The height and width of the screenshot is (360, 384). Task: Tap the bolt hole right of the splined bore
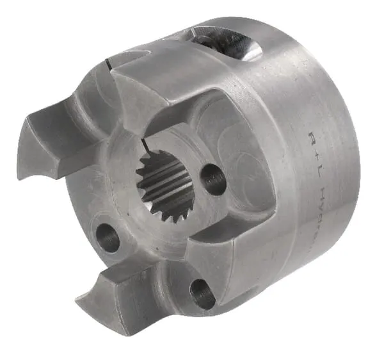tap(212, 180)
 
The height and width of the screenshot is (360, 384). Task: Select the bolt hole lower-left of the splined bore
tap(108, 238)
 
